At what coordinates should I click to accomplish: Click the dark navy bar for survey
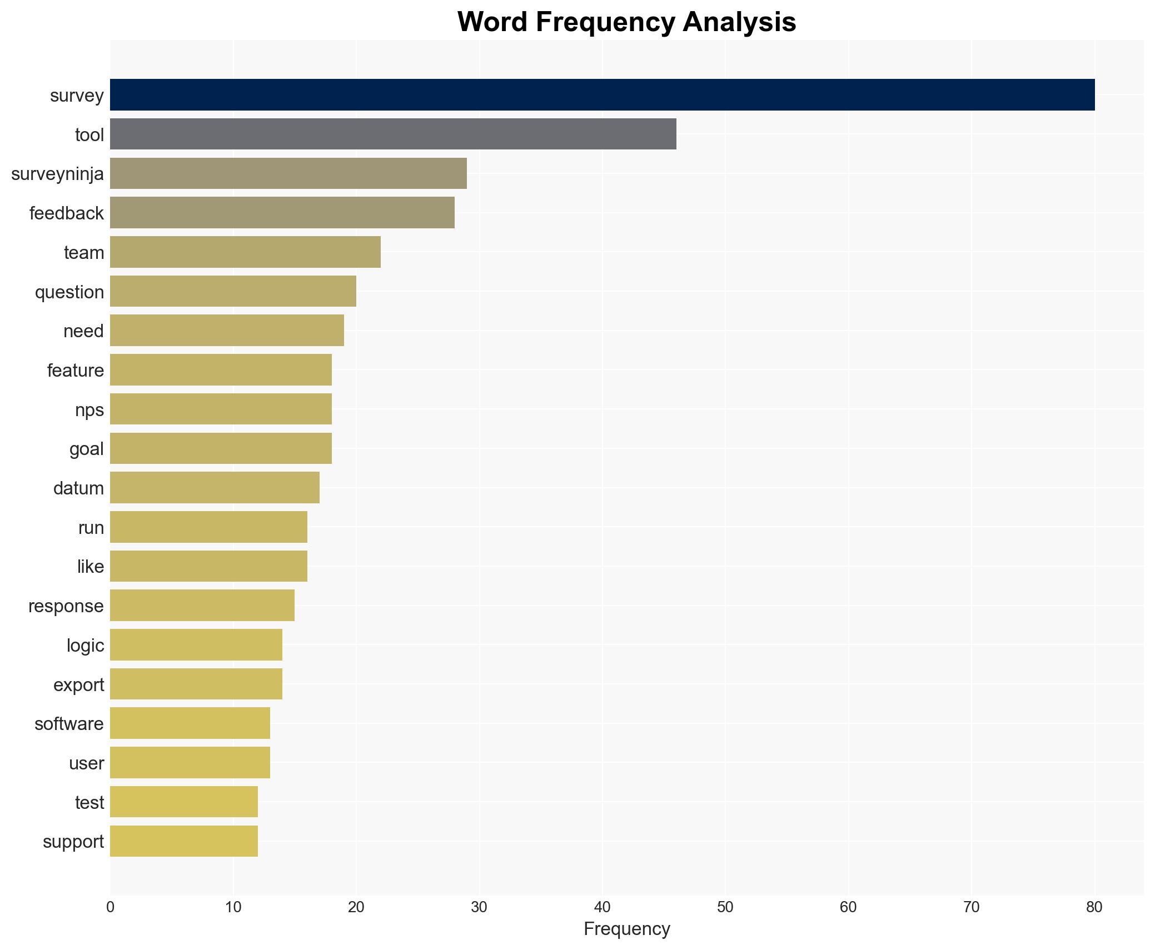point(602,95)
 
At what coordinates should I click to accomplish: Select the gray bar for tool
point(393,134)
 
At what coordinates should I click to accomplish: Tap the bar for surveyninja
point(288,173)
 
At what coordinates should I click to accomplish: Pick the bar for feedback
point(282,213)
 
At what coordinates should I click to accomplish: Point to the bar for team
point(245,252)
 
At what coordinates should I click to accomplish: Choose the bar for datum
point(215,488)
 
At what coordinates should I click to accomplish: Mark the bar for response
point(202,606)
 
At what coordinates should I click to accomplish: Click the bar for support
point(184,841)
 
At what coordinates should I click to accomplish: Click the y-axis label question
point(69,292)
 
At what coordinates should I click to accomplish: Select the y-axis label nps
point(89,409)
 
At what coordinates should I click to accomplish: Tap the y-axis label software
point(69,723)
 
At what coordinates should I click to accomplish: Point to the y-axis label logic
point(85,645)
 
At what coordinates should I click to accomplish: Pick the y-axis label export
point(78,684)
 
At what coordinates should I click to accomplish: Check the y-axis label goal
point(86,449)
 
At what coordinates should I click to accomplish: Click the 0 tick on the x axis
point(110,907)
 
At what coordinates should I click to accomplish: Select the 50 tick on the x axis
point(725,907)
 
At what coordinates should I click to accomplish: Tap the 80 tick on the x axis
point(1094,907)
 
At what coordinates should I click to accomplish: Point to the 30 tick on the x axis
point(479,907)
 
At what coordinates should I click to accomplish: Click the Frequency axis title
point(626,929)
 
